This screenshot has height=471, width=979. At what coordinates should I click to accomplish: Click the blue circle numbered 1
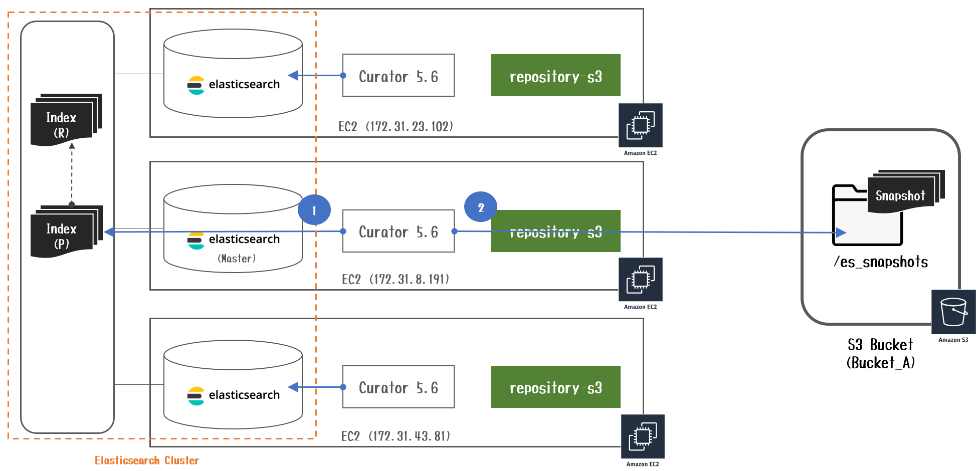pos(314,210)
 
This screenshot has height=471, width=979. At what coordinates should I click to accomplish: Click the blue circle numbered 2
pos(480,207)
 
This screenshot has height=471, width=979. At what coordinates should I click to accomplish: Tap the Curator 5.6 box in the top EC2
pos(398,76)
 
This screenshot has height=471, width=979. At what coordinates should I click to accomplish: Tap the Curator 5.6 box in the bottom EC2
pos(398,387)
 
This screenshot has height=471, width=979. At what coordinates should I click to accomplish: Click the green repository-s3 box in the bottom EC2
pos(555,387)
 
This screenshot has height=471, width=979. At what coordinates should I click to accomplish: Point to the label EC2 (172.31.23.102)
pos(396,126)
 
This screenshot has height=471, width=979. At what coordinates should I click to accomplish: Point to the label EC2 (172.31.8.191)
pos(396,279)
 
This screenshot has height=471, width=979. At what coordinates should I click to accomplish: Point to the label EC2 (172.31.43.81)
pos(396,436)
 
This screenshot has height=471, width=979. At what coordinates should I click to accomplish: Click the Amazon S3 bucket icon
pos(953,312)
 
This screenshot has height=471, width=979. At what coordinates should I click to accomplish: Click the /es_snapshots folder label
pos(880,262)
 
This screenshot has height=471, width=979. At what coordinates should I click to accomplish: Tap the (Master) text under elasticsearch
pos(237,259)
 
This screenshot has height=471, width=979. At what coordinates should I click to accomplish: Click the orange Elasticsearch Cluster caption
pos(147,460)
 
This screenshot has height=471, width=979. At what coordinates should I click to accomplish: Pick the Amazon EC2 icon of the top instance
pos(640,125)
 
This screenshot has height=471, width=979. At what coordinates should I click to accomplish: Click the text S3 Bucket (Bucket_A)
pos(880,353)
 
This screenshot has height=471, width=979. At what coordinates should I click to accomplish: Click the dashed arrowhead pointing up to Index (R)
pos(72,146)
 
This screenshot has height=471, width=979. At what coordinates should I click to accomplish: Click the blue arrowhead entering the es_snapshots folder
pos(841,232)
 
